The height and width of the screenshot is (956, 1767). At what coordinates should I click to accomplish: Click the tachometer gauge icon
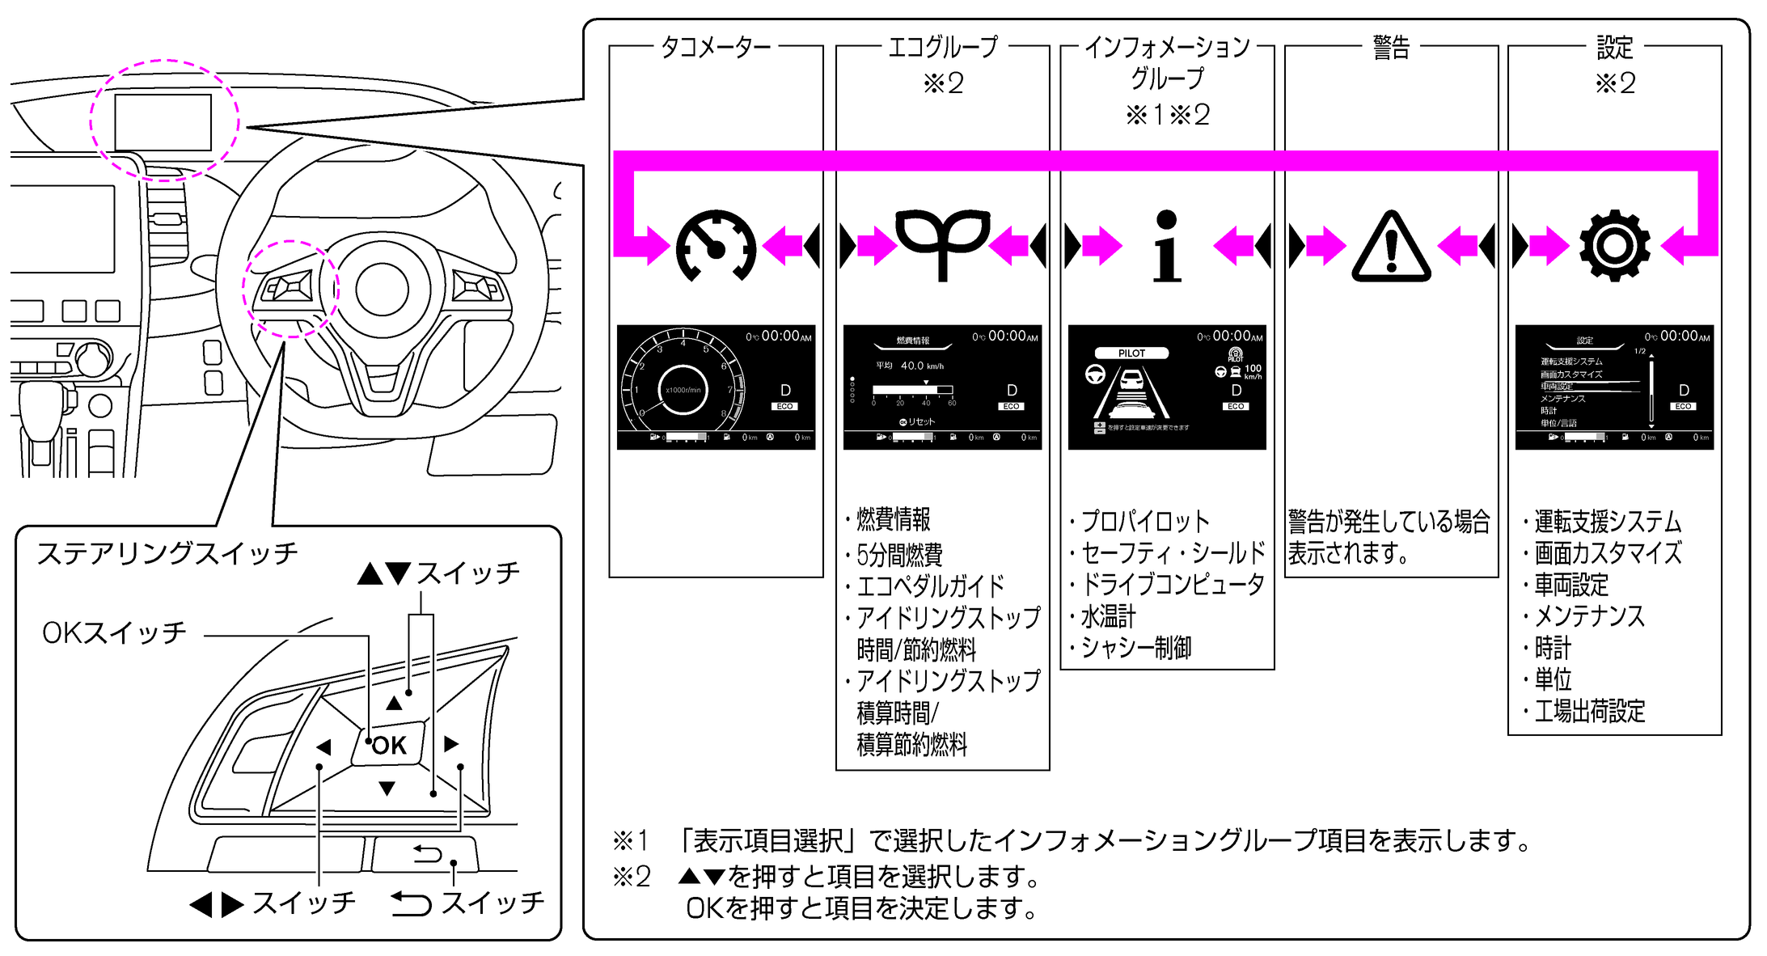716,246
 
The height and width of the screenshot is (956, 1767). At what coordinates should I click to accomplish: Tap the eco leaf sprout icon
942,243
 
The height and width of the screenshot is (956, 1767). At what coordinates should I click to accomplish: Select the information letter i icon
1166,246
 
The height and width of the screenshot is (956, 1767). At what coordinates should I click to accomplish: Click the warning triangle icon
1391,247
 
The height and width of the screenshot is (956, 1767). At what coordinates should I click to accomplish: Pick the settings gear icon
1614,246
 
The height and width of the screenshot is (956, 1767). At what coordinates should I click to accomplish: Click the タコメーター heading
716,47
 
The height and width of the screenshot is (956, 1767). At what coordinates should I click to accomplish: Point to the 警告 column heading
1391,47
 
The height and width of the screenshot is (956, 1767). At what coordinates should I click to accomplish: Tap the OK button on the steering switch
389,745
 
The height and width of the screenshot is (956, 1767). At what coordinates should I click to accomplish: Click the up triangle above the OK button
394,703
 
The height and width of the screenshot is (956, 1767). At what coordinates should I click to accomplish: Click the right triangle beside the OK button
451,744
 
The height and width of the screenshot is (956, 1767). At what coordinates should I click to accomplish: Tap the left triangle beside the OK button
324,747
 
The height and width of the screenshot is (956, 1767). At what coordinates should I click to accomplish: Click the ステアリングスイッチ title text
167,553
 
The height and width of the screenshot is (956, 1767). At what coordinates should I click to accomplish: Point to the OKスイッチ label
114,632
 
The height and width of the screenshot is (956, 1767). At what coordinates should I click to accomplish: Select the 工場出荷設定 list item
1589,712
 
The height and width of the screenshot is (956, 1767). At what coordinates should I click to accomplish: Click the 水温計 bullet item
1108,617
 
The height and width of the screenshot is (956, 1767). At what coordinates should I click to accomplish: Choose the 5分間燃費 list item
899,555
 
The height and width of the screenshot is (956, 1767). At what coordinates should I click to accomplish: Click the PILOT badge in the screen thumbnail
1131,353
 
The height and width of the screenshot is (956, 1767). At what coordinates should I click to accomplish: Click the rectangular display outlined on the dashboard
163,122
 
